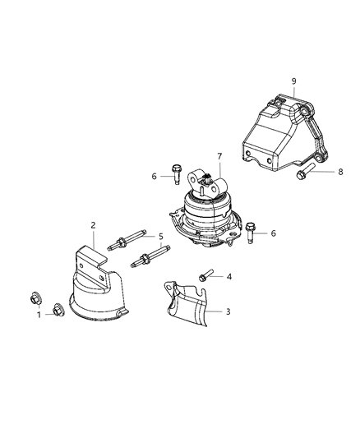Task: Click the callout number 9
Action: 293,81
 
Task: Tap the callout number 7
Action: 219,156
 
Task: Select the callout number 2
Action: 94,225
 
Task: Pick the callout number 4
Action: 229,277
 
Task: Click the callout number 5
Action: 161,237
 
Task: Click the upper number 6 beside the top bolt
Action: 153,175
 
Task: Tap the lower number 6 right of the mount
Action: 273,233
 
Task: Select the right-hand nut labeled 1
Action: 58,310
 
